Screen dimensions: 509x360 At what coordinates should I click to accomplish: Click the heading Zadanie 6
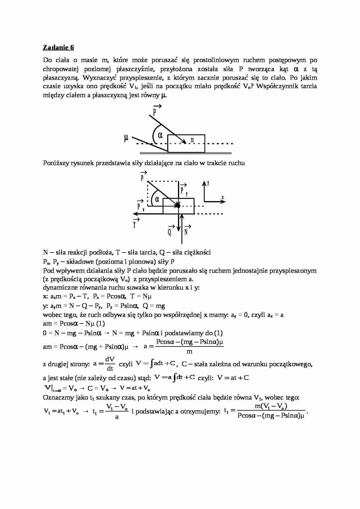tap(58, 47)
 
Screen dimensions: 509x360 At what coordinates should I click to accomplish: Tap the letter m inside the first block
tap(192, 140)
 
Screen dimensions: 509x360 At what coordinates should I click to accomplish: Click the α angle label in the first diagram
tap(160, 135)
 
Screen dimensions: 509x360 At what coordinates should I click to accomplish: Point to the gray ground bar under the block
tap(186, 153)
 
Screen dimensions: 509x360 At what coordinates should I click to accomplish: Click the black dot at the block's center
tap(178, 206)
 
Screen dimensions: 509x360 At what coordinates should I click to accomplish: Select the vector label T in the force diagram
tap(135, 225)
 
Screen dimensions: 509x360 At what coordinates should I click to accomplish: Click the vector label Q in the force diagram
tap(170, 232)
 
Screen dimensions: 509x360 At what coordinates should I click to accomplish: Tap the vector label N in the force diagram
tap(186, 232)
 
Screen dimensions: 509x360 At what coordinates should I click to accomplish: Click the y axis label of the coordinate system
tap(208, 183)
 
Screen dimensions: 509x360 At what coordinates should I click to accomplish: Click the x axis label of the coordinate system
tap(223, 198)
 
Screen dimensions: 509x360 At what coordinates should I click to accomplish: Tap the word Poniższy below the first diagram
tap(54, 163)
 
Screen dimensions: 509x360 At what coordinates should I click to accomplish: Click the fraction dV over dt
tap(110, 364)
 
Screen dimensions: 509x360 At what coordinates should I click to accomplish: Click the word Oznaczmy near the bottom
tap(55, 398)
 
